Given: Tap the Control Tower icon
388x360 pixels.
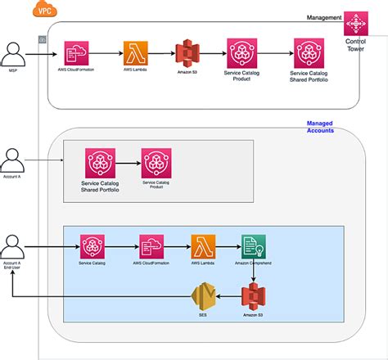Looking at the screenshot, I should (x=356, y=23).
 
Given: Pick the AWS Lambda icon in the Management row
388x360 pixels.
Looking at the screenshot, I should (x=135, y=53).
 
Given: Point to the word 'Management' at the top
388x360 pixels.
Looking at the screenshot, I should (x=323, y=17).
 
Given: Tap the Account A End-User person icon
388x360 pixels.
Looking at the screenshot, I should (x=12, y=245).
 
